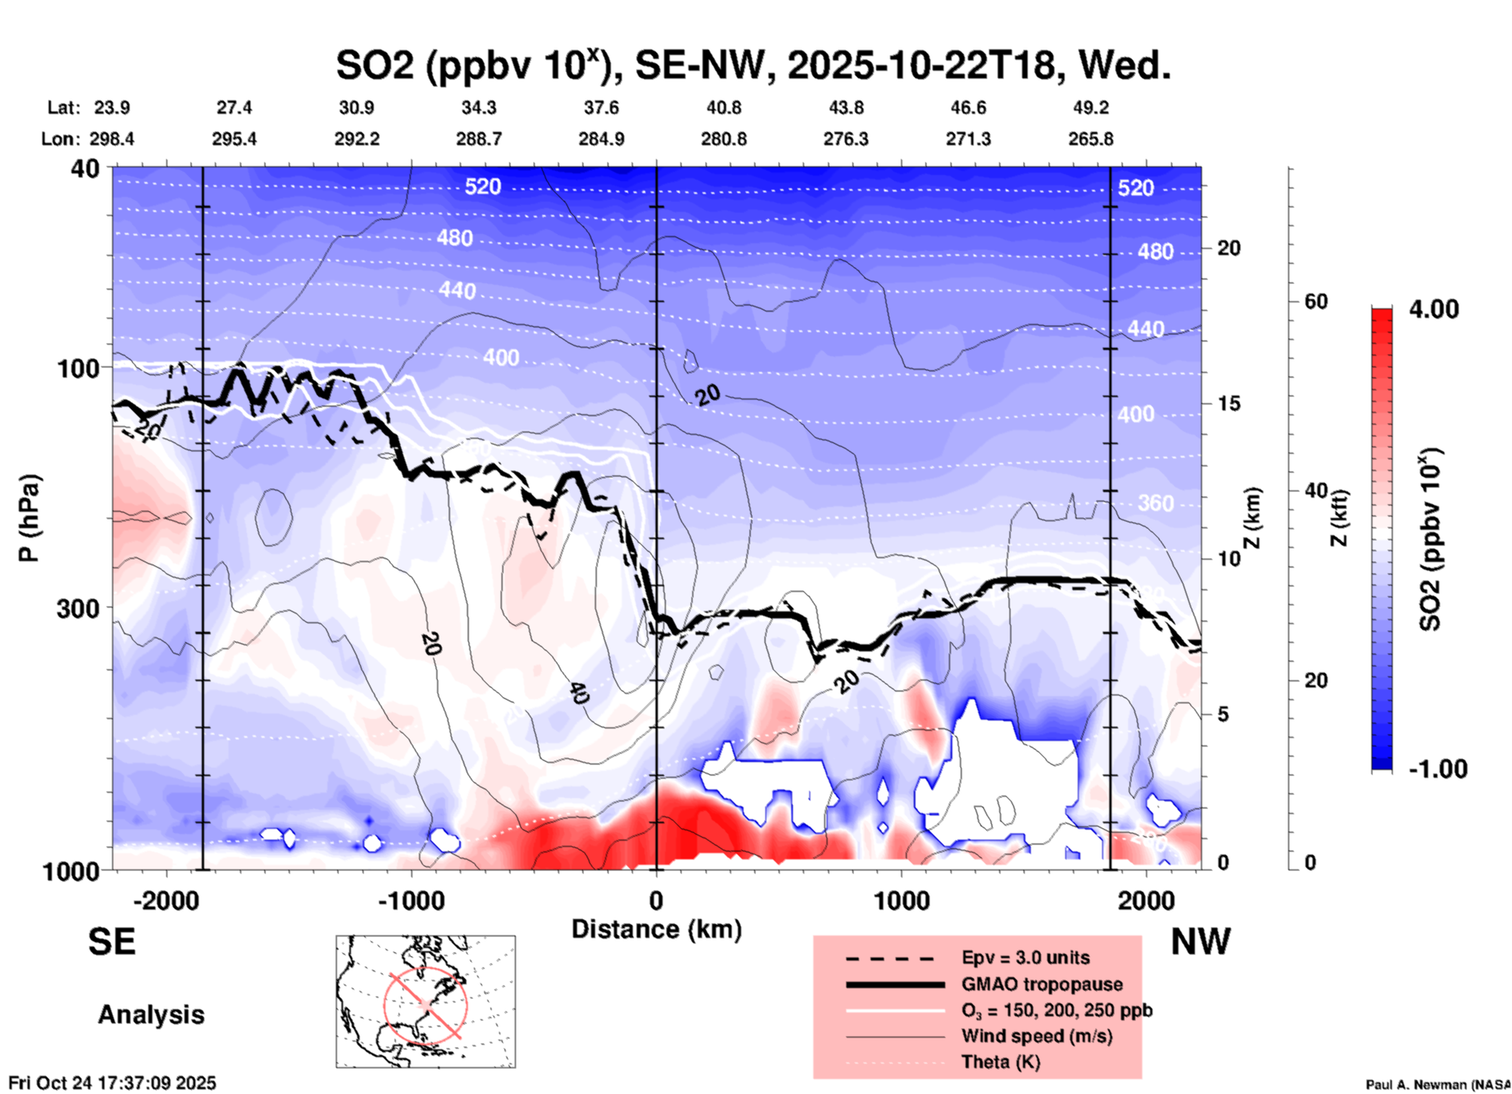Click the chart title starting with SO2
pos(753,64)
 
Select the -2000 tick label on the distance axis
pos(166,901)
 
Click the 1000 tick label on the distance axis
pos(901,901)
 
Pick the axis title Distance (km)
pos(656,929)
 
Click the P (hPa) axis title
pos(29,517)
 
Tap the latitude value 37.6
pos(601,108)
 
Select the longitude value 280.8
pos(723,139)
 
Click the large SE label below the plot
pos(111,942)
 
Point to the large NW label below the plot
pos(1200,942)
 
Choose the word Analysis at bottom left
pos(151,1015)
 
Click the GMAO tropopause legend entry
pos(1042,984)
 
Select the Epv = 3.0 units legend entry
pos(1025,957)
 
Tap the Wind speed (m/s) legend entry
pos(1036,1036)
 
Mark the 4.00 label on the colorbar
pos(1433,309)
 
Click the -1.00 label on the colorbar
pos(1437,768)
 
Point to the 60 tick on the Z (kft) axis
pos(1316,301)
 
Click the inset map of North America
pos(425,1001)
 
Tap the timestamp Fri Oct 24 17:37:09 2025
pos(112,1083)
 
